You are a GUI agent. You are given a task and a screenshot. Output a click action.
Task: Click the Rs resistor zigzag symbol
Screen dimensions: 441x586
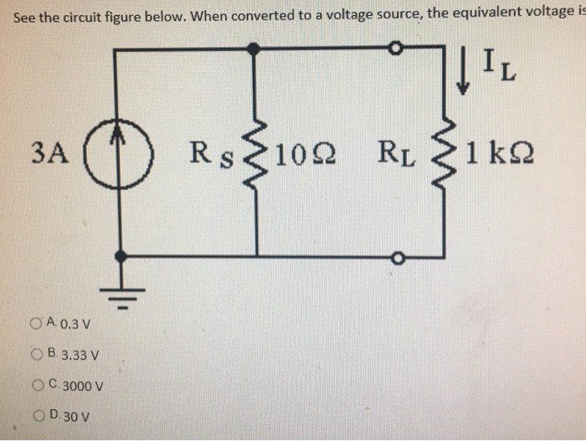point(254,153)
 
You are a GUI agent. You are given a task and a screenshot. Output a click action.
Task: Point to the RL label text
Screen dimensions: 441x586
point(396,154)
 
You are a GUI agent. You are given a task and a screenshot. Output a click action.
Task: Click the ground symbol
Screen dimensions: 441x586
point(122,294)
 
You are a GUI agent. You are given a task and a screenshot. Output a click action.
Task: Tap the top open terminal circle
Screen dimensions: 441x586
point(398,50)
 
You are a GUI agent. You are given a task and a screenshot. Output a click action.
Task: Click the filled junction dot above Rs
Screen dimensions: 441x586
point(254,50)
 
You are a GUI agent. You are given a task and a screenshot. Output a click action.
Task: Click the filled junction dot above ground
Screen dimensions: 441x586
point(122,256)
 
